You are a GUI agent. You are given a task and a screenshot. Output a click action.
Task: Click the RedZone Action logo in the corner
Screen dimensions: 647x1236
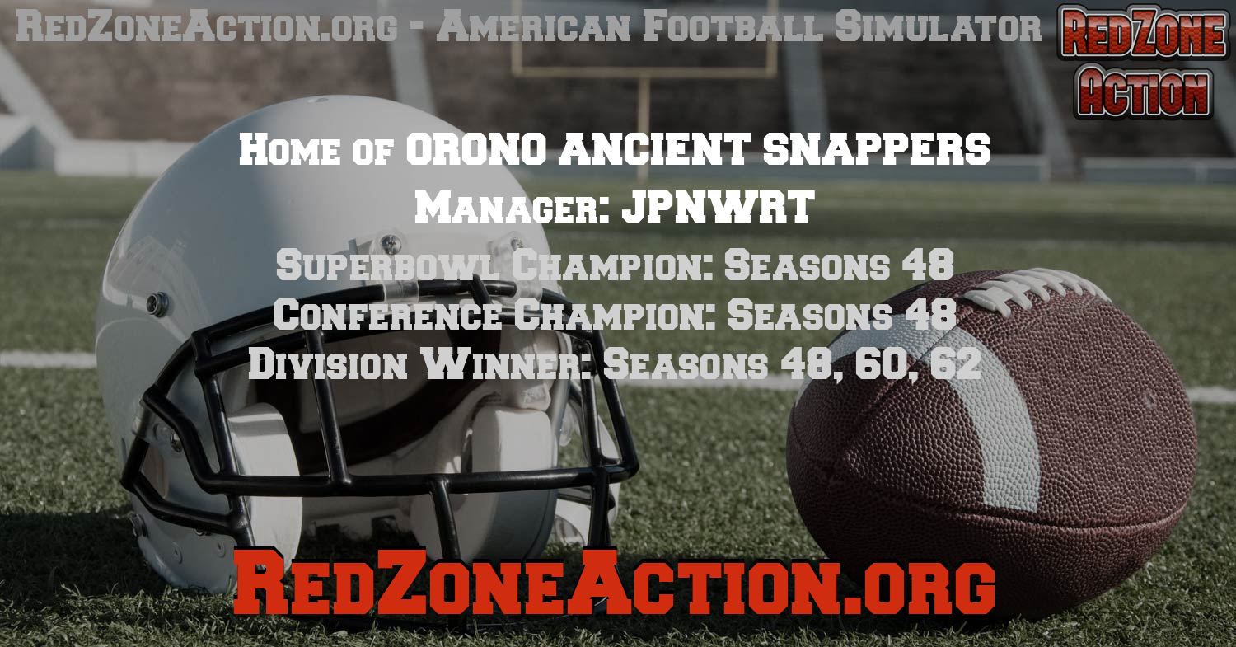tap(1143, 62)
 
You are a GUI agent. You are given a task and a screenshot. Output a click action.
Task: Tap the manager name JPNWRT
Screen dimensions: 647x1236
tap(718, 207)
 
